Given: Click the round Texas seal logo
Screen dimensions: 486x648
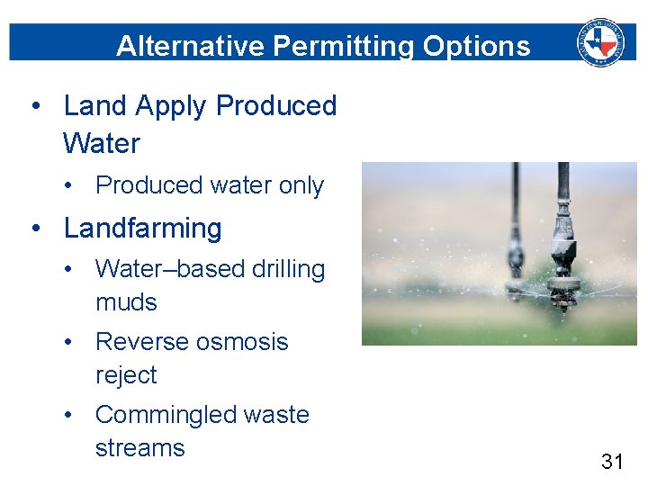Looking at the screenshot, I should point(600,41).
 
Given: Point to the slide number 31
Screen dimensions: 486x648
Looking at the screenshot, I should point(612,462).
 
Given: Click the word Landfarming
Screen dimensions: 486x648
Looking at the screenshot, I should point(142,229).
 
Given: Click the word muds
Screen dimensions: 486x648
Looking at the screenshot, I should point(126,302).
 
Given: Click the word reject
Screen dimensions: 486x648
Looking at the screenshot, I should point(126,375).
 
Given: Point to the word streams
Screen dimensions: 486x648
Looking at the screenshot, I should point(139,448).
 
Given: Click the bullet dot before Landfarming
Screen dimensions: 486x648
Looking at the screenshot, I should point(35,229).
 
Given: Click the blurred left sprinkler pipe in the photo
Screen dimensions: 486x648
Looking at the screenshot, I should point(515,234).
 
